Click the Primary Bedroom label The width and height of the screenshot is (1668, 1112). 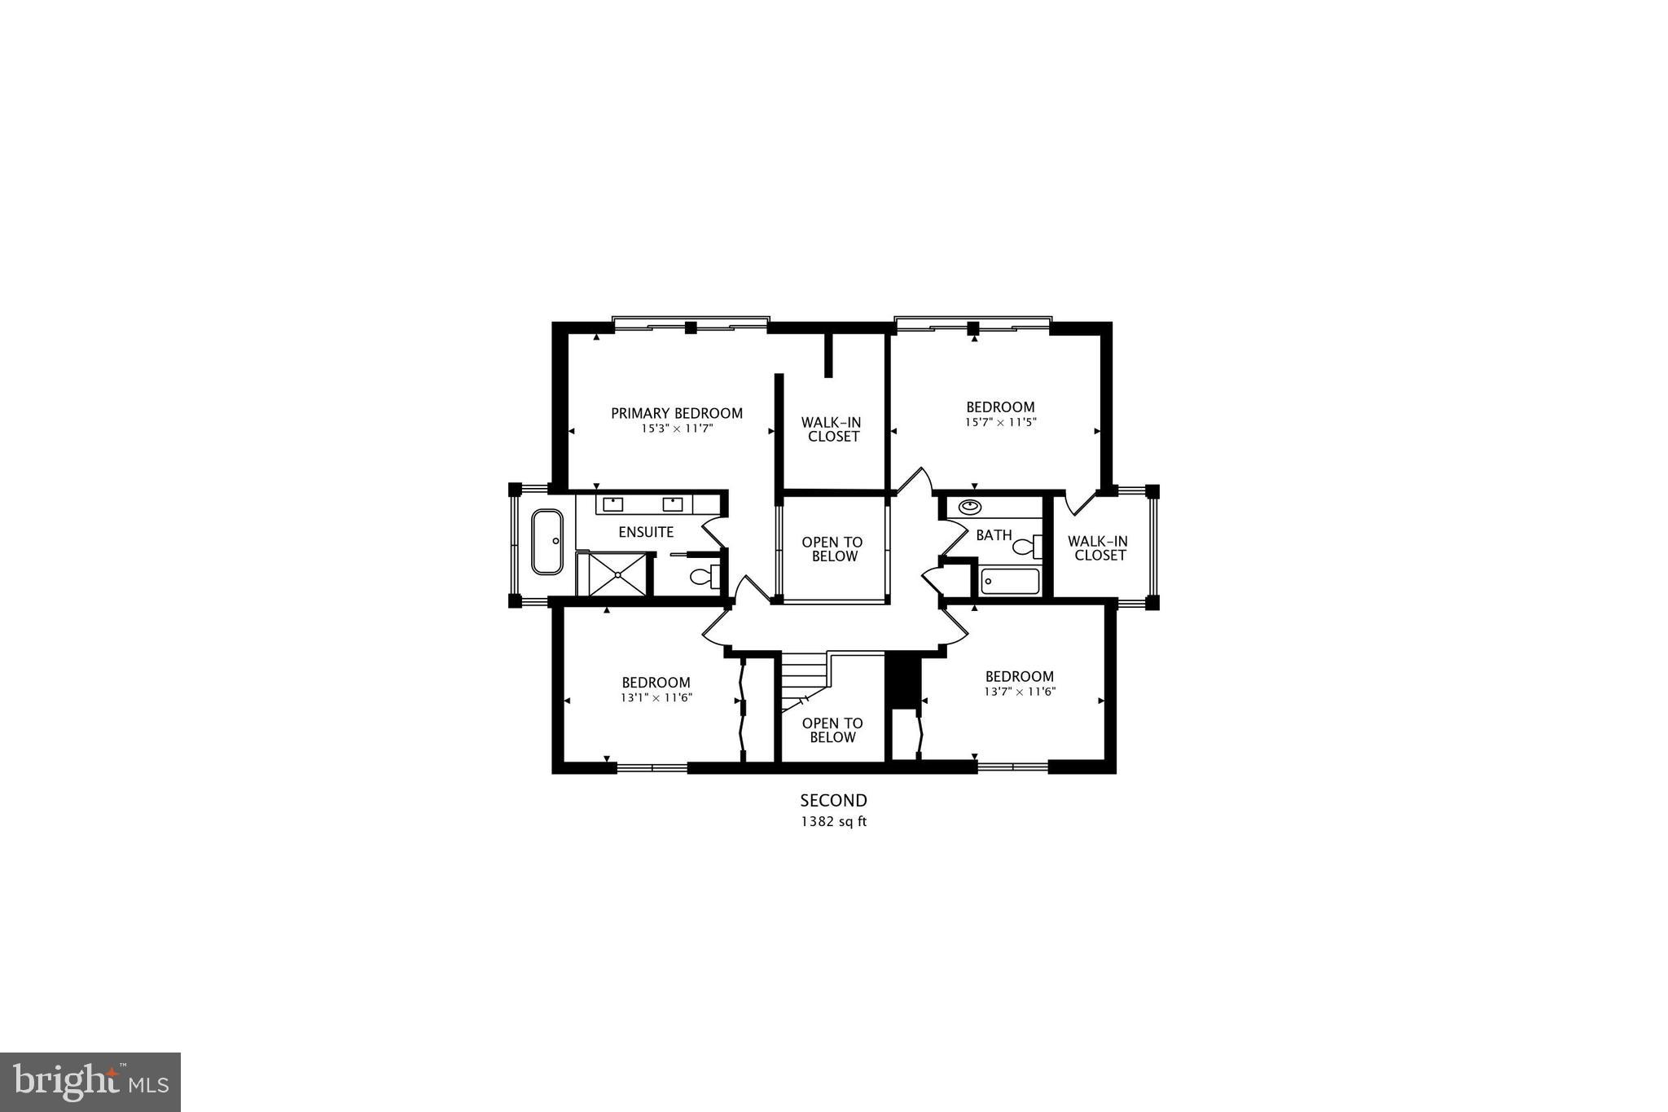pos(677,413)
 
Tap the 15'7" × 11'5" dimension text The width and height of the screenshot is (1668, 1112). pos(1000,422)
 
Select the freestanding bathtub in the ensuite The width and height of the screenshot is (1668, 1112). pos(546,542)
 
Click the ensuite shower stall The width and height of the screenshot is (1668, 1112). pos(617,574)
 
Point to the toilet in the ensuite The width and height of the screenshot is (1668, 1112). pos(703,577)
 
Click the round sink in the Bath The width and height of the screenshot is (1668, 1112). pos(969,507)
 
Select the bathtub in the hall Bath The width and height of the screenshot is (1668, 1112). pos(1010,581)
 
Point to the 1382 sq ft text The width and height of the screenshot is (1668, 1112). pos(833,821)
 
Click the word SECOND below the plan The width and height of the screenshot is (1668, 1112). pos(833,801)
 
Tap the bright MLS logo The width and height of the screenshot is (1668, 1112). pos(90,1082)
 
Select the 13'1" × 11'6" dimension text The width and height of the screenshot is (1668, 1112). pos(656,697)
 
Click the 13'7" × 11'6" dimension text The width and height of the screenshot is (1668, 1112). pos(1019,692)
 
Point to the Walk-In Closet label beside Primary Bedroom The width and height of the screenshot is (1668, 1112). pos(831,429)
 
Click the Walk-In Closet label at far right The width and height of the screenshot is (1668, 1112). pos(1099,547)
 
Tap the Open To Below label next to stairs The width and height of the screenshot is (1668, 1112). pos(832,730)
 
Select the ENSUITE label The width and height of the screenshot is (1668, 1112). pos(646,532)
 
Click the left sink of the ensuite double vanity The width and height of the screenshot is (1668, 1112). pos(612,504)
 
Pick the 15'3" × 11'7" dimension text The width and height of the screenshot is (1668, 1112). pos(677,429)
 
